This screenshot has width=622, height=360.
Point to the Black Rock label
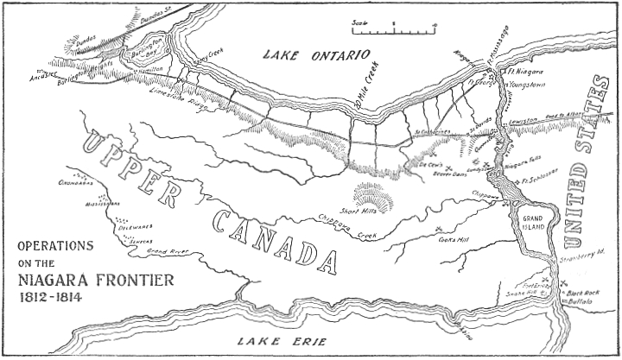[x=582, y=294]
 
